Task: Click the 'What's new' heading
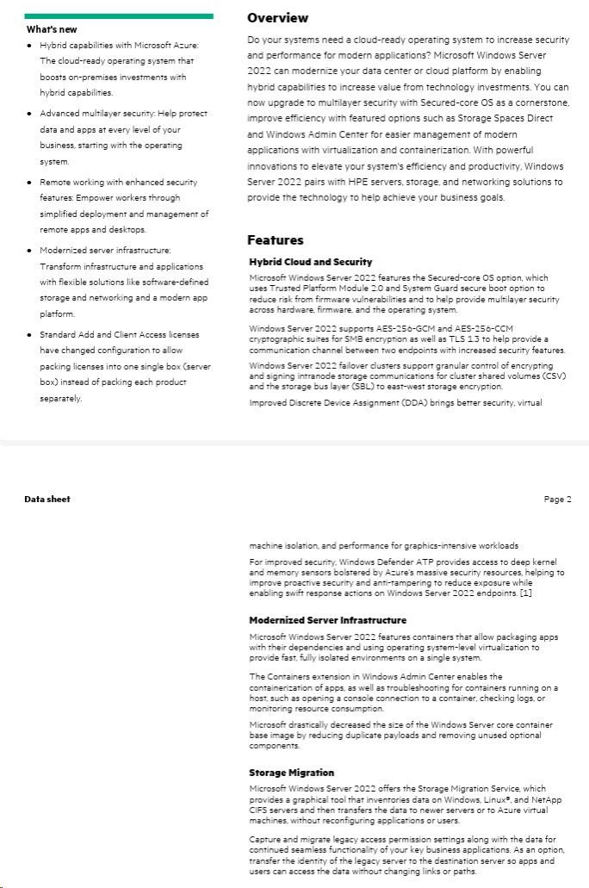point(51,29)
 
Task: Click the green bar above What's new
point(119,16)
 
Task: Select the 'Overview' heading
point(277,18)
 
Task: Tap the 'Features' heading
point(275,240)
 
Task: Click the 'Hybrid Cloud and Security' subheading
point(310,262)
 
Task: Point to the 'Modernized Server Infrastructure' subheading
point(327,620)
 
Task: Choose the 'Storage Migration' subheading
point(291,773)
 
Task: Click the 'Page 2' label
point(557,500)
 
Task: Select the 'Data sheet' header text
point(47,500)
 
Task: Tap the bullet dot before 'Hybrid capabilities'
point(30,45)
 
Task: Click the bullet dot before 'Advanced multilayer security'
point(30,114)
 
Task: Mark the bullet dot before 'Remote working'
point(30,183)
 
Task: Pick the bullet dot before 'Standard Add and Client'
point(30,334)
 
